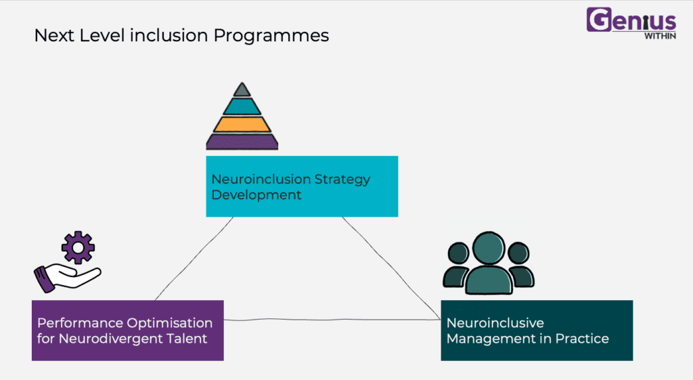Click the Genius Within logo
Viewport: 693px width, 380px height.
(631, 23)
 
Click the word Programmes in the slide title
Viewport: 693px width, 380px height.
(271, 36)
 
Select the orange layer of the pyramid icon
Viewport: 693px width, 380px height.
(242, 125)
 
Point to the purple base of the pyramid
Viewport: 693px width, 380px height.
(242, 142)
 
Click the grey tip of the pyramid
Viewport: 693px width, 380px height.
(242, 90)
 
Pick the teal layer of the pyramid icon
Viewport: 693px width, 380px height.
(242, 106)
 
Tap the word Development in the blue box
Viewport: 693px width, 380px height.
(256, 195)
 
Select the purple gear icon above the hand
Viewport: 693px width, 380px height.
(79, 248)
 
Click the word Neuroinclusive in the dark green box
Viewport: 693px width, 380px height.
(495, 323)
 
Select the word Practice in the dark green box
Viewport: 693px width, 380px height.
(582, 339)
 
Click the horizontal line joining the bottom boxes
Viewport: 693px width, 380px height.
(332, 320)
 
